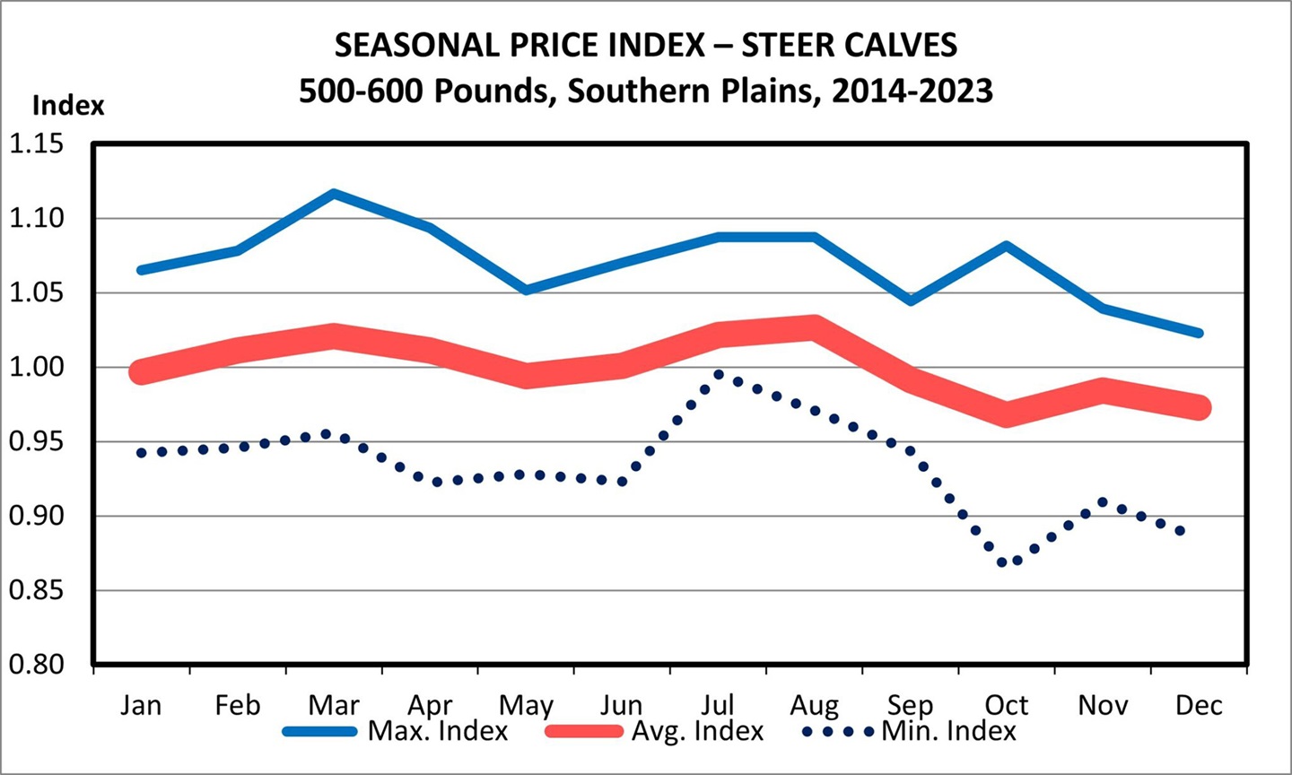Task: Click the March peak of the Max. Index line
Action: [x=334, y=193]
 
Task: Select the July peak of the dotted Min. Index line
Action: [x=719, y=374]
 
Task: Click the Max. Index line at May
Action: [x=526, y=290]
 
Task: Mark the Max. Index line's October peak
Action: [x=1007, y=245]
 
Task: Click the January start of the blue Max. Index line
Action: [x=141, y=269]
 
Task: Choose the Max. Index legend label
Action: [x=438, y=731]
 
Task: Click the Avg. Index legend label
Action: [x=697, y=731]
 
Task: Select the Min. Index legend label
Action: [x=949, y=731]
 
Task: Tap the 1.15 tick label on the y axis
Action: [x=37, y=144]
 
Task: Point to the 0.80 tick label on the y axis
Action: [x=37, y=665]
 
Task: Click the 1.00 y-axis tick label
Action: [x=37, y=367]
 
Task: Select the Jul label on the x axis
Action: [x=718, y=705]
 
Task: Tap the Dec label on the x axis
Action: [x=1199, y=705]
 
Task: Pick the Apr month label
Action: [x=430, y=705]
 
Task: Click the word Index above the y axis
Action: [x=68, y=106]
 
